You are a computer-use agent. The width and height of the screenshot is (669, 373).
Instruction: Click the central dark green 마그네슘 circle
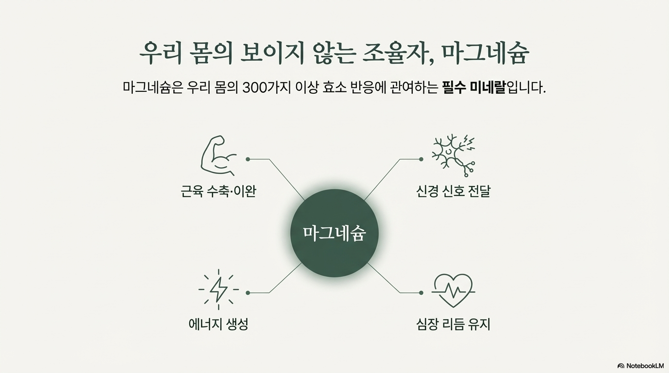tap(334, 234)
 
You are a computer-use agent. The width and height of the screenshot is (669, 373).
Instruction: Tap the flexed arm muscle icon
tap(218, 156)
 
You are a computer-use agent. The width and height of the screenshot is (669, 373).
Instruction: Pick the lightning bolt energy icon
tap(218, 289)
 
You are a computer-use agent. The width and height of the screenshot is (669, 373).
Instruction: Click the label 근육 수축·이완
tap(218, 191)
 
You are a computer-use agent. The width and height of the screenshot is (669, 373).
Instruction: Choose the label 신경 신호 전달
tap(453, 191)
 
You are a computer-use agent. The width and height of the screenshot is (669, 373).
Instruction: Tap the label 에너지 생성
tap(218, 324)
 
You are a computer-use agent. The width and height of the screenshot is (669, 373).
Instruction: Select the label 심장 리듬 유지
tap(453, 324)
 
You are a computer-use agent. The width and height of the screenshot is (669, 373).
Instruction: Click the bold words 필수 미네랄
tap(474, 88)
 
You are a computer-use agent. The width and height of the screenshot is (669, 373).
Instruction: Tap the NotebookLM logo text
tap(645, 366)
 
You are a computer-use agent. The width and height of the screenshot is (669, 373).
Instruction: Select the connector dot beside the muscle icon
tap(248, 159)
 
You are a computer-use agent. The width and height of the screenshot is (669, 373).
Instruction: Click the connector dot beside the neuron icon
tap(421, 159)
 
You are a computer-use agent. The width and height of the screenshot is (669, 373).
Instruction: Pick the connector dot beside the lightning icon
tap(248, 293)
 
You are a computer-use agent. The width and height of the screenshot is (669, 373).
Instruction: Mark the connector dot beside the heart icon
tap(421, 293)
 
